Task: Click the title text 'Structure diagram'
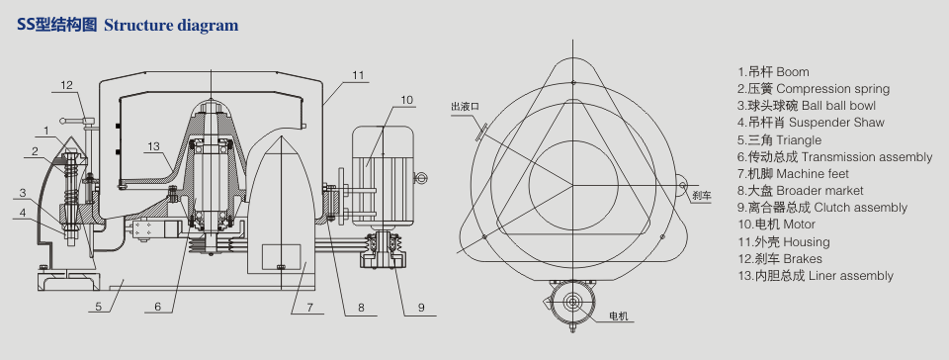171,26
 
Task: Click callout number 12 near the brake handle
66,85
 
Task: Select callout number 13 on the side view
153,145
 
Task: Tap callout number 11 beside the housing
358,75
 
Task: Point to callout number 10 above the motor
406,99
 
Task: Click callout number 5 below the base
99,307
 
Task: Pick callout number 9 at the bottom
421,308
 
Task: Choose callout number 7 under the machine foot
309,308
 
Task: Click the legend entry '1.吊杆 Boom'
773,72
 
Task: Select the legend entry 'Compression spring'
832,89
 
